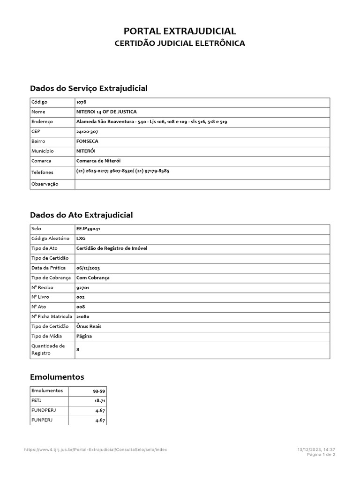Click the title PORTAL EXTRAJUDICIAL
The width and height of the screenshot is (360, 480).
180,31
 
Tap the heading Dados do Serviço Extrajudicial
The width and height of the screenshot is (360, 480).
89,88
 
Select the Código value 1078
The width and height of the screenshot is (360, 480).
81,102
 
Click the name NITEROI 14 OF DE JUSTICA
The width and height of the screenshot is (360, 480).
106,112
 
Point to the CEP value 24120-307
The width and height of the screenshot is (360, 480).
87,132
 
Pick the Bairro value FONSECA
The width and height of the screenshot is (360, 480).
87,141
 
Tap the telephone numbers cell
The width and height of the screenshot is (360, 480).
122,171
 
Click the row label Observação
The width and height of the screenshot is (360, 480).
45,184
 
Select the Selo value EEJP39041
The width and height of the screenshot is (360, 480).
88,229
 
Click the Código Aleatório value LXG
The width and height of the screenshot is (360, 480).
81,239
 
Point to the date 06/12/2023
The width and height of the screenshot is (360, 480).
88,268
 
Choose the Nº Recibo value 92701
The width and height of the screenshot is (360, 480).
83,287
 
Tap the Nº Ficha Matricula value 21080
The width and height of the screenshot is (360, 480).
83,317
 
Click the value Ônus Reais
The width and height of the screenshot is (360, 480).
89,326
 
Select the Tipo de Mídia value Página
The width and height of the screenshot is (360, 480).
84,336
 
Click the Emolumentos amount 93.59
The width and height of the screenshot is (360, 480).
98,390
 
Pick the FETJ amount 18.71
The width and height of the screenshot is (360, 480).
99,400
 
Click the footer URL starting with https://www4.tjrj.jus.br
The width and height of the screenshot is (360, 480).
95,450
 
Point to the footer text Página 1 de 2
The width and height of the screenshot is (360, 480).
321,455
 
